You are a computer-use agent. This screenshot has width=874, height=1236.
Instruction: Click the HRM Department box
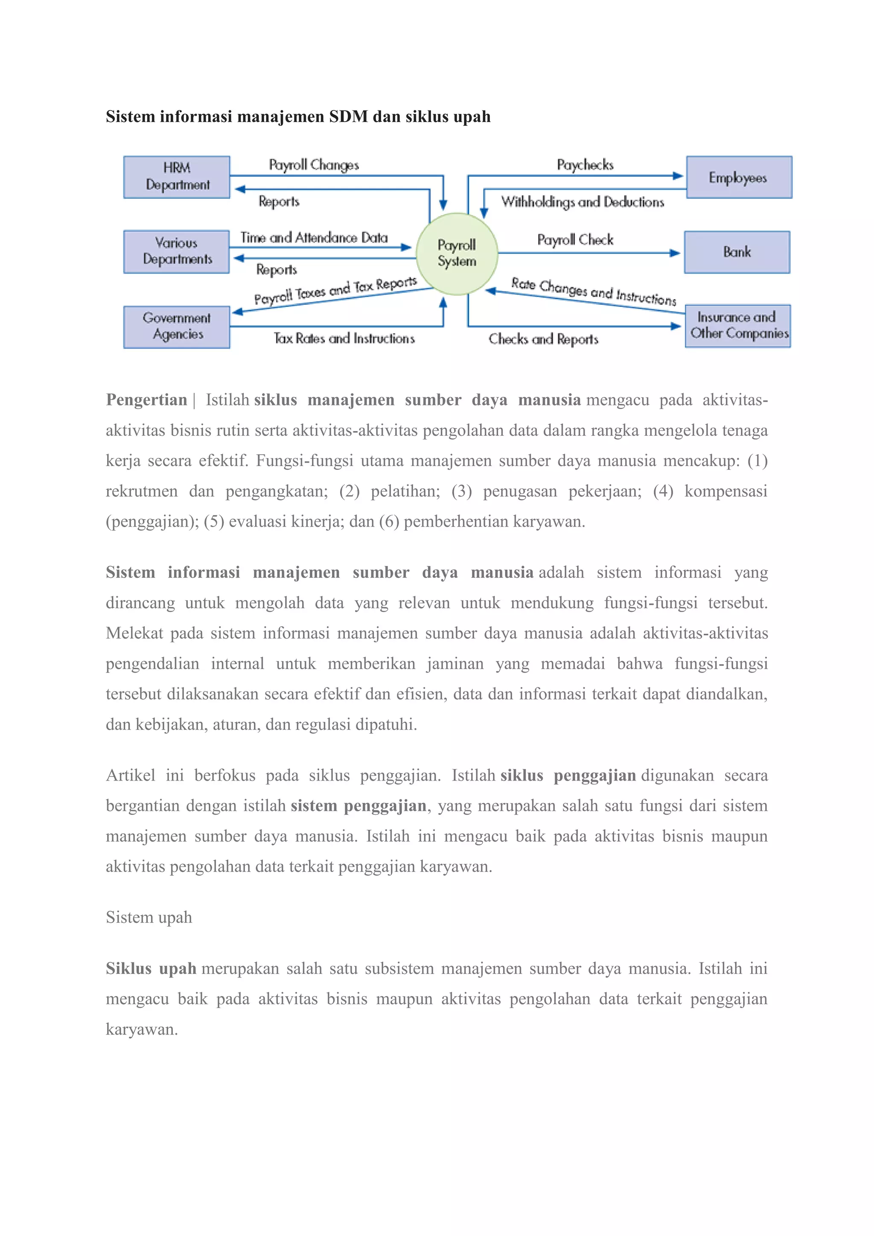[x=177, y=177]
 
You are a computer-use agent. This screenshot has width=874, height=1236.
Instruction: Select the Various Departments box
[x=177, y=251]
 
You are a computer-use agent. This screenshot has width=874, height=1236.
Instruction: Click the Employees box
[x=738, y=177]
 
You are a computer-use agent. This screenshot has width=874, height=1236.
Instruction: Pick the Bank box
[x=737, y=252]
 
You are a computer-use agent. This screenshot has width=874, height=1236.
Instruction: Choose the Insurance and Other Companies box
[x=738, y=326]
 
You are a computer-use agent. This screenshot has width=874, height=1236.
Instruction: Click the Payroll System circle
[x=457, y=254]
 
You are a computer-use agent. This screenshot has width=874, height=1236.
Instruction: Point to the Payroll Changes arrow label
[x=314, y=165]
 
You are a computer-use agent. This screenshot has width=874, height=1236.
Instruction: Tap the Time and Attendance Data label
[x=314, y=237]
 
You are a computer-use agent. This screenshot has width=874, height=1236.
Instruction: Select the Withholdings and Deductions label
[x=582, y=202]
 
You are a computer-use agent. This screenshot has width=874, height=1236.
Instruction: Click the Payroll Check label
[x=575, y=239]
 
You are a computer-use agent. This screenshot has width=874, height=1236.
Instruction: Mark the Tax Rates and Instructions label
[x=344, y=338]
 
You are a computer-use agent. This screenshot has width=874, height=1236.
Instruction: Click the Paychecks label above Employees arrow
[x=585, y=165]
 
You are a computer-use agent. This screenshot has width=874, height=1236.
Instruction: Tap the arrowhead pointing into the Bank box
[x=675, y=253]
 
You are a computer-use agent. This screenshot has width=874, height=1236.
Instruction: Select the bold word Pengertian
[x=146, y=400]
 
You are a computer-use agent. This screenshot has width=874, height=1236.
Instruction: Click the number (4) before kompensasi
[x=663, y=491]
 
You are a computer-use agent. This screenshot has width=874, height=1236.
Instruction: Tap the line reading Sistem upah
[x=149, y=917]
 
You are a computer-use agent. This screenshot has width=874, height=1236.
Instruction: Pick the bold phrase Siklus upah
[x=151, y=968]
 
